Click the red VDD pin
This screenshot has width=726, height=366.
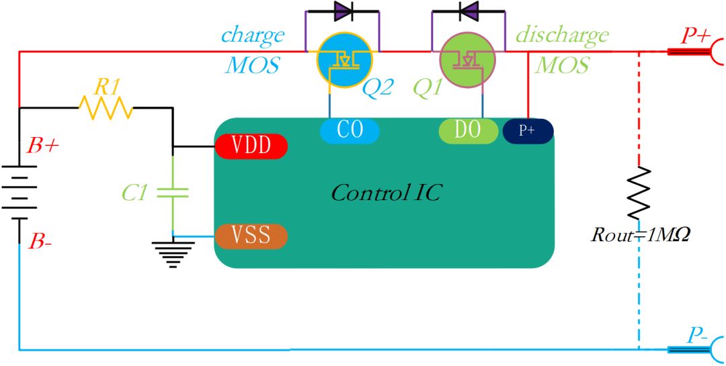click(251, 146)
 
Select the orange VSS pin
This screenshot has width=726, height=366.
click(251, 236)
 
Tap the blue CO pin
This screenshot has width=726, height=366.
click(350, 131)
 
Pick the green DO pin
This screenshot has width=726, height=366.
click(469, 131)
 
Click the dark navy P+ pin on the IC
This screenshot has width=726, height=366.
click(528, 130)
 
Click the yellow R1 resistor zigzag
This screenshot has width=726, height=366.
click(106, 108)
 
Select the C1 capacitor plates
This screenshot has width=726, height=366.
click(173, 193)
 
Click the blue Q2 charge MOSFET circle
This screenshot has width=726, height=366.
click(344, 60)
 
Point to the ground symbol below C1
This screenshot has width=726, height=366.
click(173, 255)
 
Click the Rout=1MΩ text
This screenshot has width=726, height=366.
click(641, 235)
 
